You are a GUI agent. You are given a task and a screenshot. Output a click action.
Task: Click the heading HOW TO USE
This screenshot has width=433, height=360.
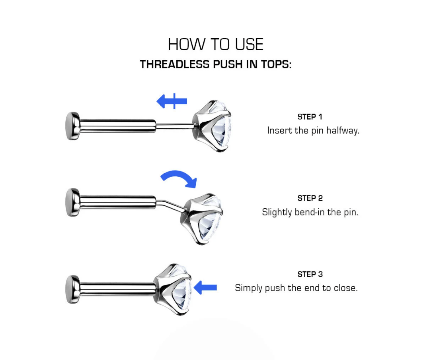tap(215, 45)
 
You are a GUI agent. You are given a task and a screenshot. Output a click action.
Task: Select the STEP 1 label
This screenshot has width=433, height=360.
tap(310, 117)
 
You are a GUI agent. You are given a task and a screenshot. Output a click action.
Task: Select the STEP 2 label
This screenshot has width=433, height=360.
tap(310, 198)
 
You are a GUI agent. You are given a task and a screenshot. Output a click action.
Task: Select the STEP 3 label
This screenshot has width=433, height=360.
tap(310, 274)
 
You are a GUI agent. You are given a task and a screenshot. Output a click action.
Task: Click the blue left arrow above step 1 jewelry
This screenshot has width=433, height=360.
tap(171, 101)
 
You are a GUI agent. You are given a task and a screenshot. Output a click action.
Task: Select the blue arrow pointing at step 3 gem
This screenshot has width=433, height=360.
tap(205, 287)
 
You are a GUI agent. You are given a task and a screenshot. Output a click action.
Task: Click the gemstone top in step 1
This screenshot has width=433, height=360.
tap(213, 126)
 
